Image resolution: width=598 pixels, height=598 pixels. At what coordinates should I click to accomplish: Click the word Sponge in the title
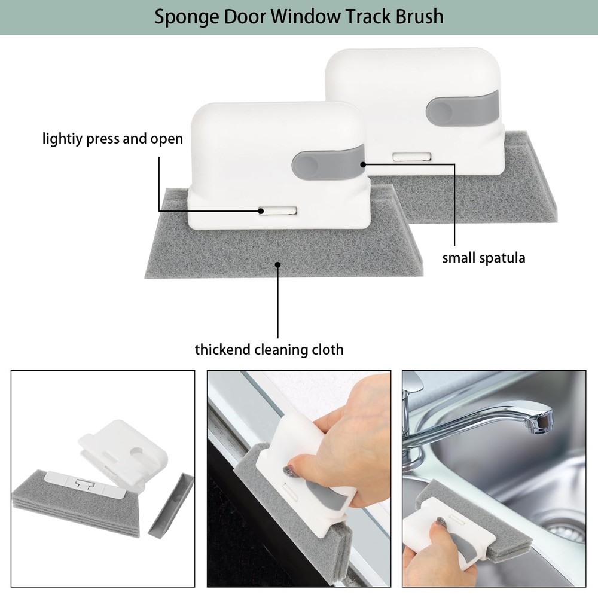coord(186,17)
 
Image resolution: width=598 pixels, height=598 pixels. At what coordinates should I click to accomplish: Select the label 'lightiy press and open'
coord(112,139)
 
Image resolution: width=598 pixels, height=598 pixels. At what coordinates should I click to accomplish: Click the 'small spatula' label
coord(484,258)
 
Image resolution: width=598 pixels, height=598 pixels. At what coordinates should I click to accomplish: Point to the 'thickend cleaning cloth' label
coord(269,349)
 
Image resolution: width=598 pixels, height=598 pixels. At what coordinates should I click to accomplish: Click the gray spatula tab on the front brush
coord(327,164)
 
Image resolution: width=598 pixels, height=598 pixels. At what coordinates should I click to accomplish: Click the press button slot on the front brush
coord(277,211)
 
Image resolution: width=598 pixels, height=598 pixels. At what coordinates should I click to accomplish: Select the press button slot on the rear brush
coord(412,156)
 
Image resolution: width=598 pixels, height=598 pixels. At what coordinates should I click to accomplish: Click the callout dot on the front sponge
coord(278,264)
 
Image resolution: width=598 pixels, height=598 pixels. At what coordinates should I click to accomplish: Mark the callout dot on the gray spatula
coord(363,164)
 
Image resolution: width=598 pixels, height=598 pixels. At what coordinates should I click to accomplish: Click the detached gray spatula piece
coord(170,504)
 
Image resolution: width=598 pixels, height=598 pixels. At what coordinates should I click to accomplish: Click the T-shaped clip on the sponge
coord(85,483)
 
